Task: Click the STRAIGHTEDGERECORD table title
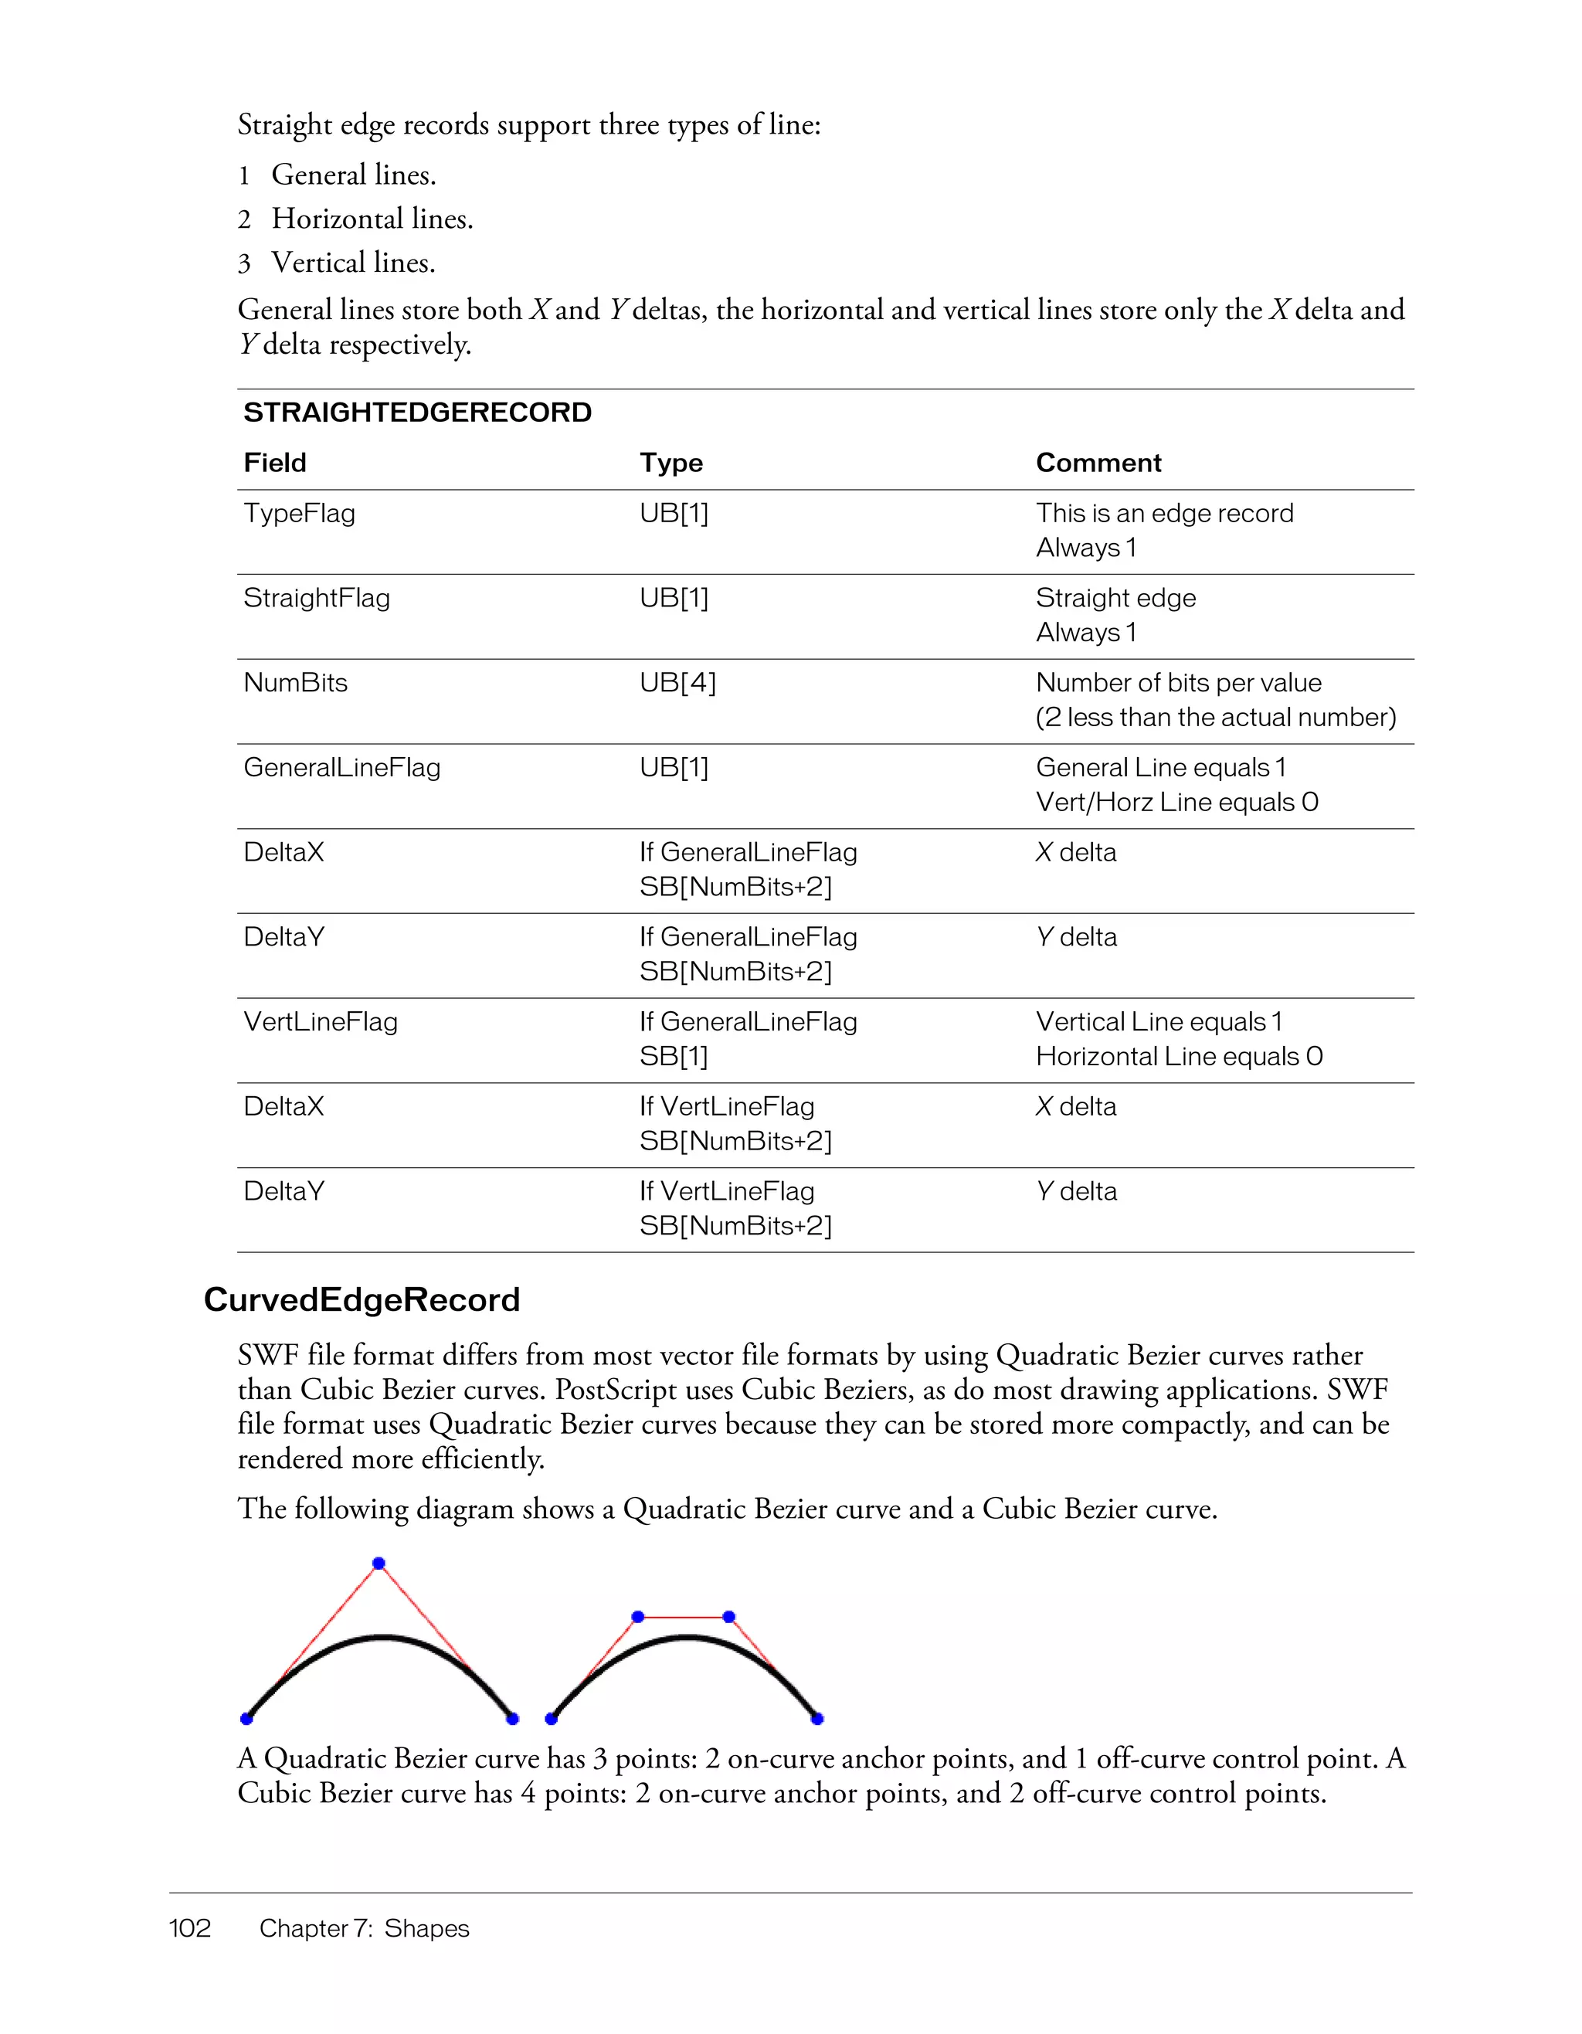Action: (417, 413)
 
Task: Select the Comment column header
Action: (1098, 463)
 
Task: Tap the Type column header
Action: (670, 463)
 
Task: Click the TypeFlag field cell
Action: (299, 513)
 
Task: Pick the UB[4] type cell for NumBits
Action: (677, 683)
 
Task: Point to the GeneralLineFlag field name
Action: (341, 767)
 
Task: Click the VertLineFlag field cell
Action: (321, 1022)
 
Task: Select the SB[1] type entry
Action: (674, 1056)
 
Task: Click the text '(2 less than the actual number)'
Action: (1215, 717)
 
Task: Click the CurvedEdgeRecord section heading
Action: (362, 1299)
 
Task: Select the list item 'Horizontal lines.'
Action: (372, 219)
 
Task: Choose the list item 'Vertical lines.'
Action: (353, 263)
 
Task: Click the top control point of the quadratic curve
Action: (378, 1564)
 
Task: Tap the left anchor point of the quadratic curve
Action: (246, 1718)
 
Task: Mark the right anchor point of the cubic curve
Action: (816, 1718)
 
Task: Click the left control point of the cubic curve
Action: (638, 1617)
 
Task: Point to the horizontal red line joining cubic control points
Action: (684, 1617)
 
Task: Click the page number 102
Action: (190, 1928)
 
